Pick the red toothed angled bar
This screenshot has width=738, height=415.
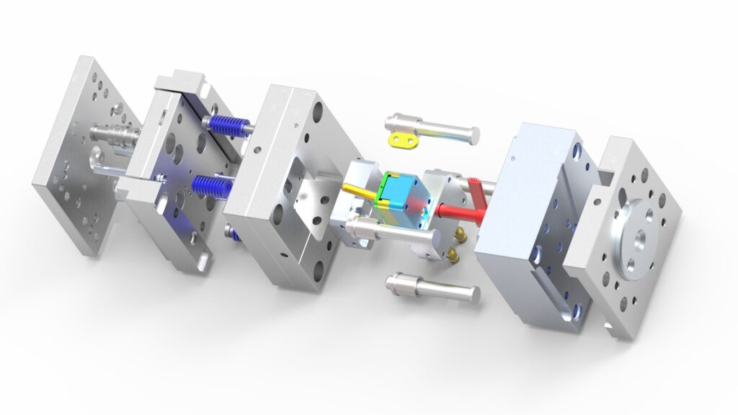tap(478, 192)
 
